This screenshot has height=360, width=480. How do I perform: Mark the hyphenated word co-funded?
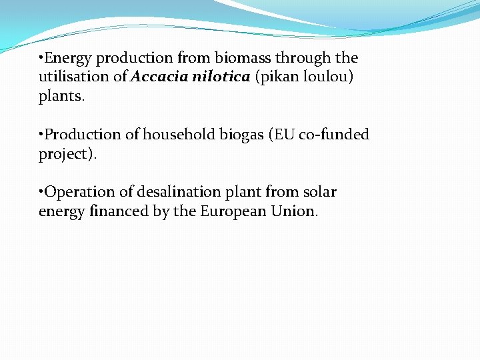point(333,135)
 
